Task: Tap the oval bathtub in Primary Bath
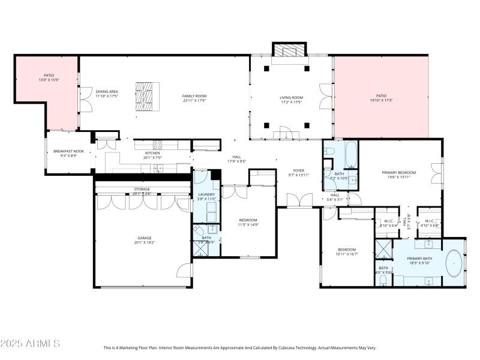click(x=454, y=263)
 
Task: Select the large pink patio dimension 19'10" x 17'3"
click(x=381, y=100)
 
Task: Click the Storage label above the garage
click(x=142, y=189)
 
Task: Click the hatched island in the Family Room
click(x=144, y=95)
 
